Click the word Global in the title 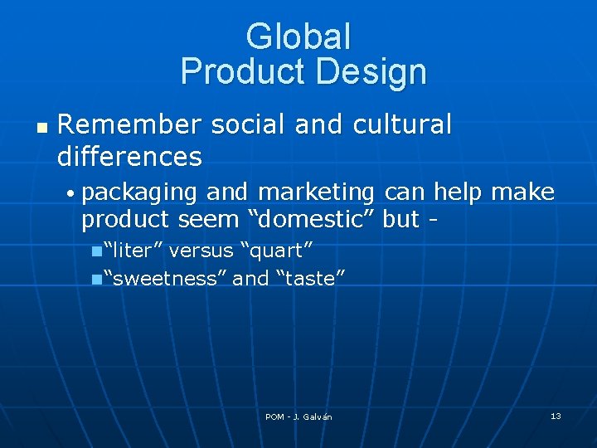298,37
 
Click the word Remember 129,125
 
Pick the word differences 129,156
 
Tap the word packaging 140,193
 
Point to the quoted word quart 275,251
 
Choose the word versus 201,251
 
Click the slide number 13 556,416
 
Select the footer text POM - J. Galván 298,416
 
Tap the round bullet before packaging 73,194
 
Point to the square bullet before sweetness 97,279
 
